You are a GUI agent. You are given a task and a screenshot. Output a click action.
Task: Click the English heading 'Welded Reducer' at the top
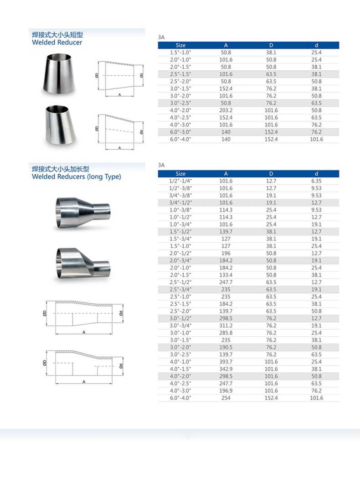[57, 42]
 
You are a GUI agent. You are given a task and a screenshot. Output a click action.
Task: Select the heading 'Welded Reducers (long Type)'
[77, 177]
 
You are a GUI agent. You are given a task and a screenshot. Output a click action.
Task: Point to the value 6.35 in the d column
[316, 181]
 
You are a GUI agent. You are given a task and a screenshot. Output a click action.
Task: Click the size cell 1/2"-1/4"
[180, 181]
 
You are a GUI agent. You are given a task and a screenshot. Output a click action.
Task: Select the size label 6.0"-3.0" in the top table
[180, 132]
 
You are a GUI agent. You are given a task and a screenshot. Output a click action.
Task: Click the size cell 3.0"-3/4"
[180, 326]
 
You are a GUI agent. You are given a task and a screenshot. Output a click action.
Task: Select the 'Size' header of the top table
[180, 45]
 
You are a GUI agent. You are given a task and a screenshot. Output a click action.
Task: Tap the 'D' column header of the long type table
[271, 174]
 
